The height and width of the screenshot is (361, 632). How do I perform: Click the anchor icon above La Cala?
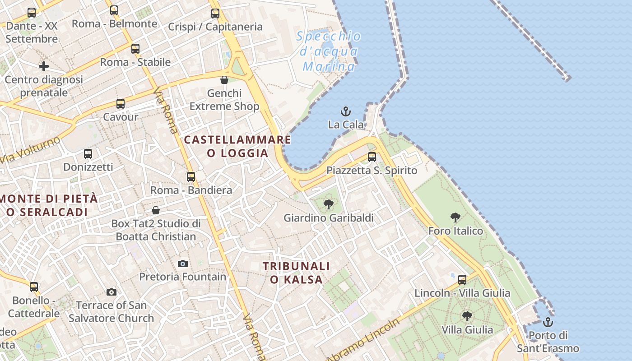(x=346, y=111)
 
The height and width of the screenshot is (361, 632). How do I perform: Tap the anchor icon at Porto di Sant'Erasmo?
(x=548, y=322)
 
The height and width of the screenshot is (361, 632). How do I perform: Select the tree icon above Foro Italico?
(x=455, y=218)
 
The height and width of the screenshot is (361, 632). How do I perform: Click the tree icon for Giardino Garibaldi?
(x=329, y=204)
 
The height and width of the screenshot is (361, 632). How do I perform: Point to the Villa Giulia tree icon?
(x=467, y=316)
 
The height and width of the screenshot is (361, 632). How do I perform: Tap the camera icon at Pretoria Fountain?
(x=183, y=264)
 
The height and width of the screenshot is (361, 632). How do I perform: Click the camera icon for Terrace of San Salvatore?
(x=112, y=292)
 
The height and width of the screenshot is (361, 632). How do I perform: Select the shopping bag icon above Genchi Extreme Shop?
(x=224, y=80)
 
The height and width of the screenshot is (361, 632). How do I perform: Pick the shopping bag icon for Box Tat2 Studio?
(x=156, y=210)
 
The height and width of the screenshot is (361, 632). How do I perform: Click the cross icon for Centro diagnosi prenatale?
(x=44, y=66)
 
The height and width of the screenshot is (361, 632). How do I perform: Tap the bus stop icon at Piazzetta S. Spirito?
(x=372, y=157)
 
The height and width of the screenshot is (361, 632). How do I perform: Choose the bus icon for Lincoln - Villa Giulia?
(x=462, y=280)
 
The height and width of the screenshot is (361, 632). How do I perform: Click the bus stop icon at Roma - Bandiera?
(x=191, y=177)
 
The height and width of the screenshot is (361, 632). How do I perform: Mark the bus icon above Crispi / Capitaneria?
(x=215, y=14)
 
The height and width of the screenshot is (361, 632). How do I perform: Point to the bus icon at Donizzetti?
(x=88, y=154)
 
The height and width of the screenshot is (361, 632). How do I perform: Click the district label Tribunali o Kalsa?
(x=297, y=273)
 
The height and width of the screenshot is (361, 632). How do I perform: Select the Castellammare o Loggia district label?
(x=237, y=146)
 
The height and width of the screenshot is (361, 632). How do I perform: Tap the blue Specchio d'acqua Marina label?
(x=329, y=51)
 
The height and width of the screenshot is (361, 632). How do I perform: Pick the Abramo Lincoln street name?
(x=364, y=339)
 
